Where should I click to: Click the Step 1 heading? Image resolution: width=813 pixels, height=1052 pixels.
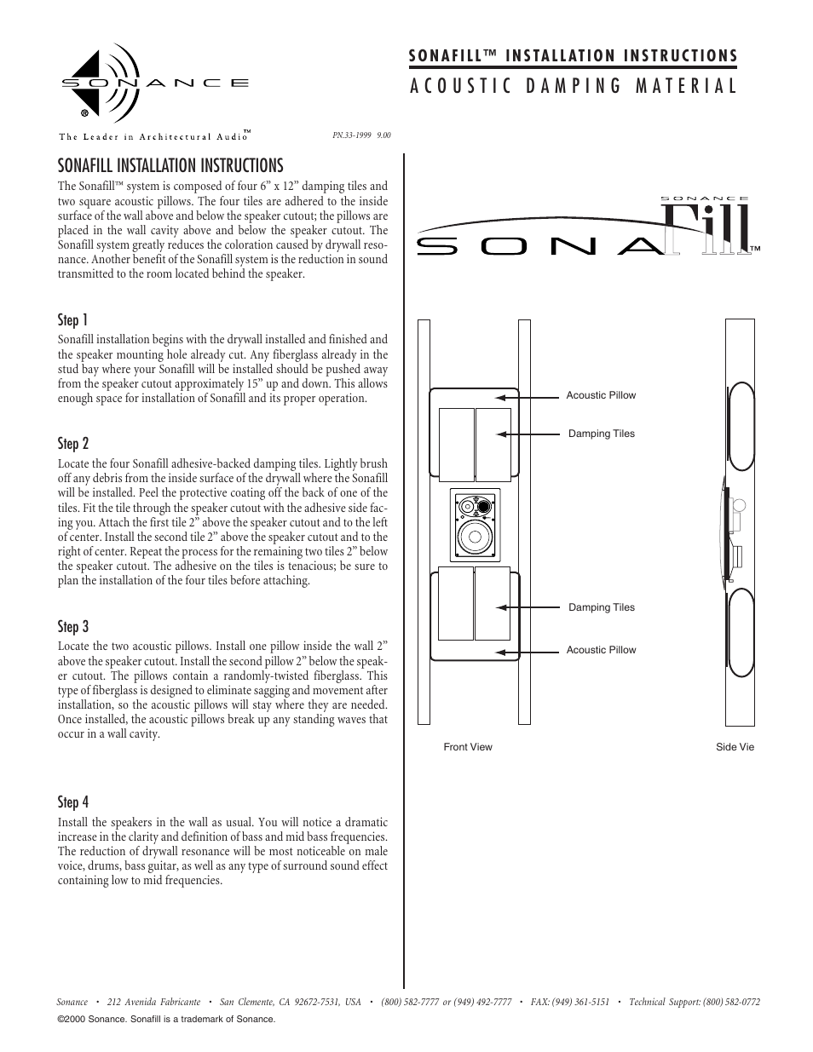[x=73, y=320]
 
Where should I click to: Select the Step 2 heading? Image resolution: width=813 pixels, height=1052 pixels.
[x=73, y=444]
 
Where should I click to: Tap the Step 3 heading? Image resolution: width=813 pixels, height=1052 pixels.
[x=73, y=627]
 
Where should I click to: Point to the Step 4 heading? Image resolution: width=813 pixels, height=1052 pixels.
[x=73, y=802]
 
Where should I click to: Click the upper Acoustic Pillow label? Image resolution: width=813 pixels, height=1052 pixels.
[x=601, y=395]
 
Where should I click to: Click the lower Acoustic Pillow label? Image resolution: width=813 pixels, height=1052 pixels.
[x=601, y=650]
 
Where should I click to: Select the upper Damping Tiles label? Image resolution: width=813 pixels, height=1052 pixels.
[x=601, y=434]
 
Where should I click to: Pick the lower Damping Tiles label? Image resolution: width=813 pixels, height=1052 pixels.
[x=601, y=607]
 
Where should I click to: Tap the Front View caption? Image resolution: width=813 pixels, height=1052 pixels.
[x=468, y=747]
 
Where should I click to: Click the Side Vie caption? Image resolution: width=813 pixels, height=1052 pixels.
[x=735, y=747]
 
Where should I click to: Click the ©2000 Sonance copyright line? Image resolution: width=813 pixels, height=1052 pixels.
[x=165, y=1019]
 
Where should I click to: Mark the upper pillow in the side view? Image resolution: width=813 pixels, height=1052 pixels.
[x=740, y=424]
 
